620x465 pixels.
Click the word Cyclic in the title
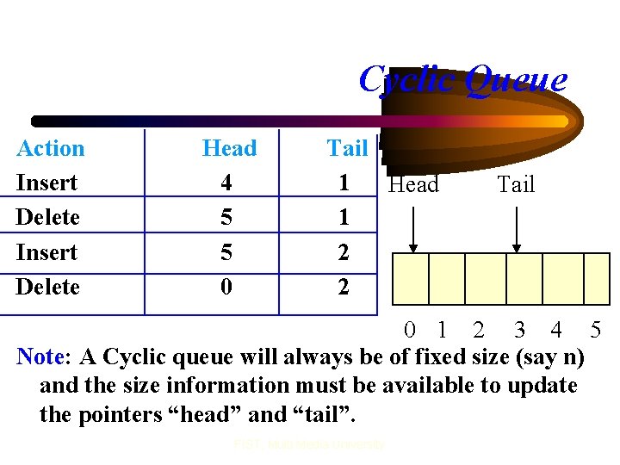pyautogui.click(x=409, y=80)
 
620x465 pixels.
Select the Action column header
pyautogui.click(x=51, y=148)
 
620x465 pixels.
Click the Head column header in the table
pyautogui.click(x=229, y=148)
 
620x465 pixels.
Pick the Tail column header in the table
pyautogui.click(x=347, y=148)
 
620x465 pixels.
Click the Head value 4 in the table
pyautogui.click(x=226, y=183)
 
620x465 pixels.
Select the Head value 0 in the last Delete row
pyautogui.click(x=226, y=287)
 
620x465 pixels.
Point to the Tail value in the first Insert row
pyautogui.click(x=344, y=183)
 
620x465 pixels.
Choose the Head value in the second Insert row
pyautogui.click(x=226, y=252)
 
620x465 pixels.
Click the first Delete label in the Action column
pyautogui.click(x=47, y=217)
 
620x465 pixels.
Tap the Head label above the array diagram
pyautogui.click(x=413, y=184)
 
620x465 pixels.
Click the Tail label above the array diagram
pyautogui.click(x=516, y=184)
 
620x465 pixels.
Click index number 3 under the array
pyautogui.click(x=518, y=330)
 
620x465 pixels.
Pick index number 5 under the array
pyautogui.click(x=595, y=330)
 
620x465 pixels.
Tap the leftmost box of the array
pyautogui.click(x=411, y=279)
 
